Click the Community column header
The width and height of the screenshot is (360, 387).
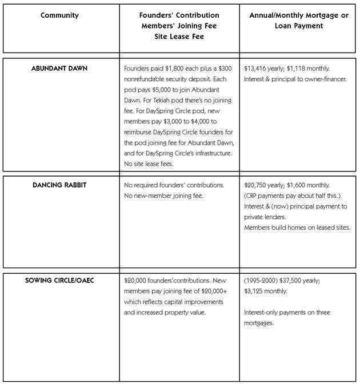pos(59,15)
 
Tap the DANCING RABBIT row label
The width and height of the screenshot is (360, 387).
pos(59,185)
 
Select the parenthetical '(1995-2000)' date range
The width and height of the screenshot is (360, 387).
pos(261,282)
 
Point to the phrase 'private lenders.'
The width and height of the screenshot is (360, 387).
pos(265,217)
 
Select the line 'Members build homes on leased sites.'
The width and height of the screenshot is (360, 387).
pos(297,227)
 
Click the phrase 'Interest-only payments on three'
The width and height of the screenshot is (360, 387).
pos(287,312)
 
